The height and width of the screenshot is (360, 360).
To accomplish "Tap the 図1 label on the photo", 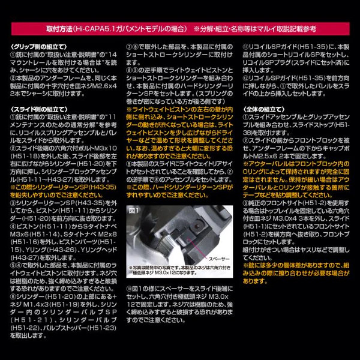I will coord(133,211).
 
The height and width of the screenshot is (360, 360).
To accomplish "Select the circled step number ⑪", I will coord(246,46).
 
